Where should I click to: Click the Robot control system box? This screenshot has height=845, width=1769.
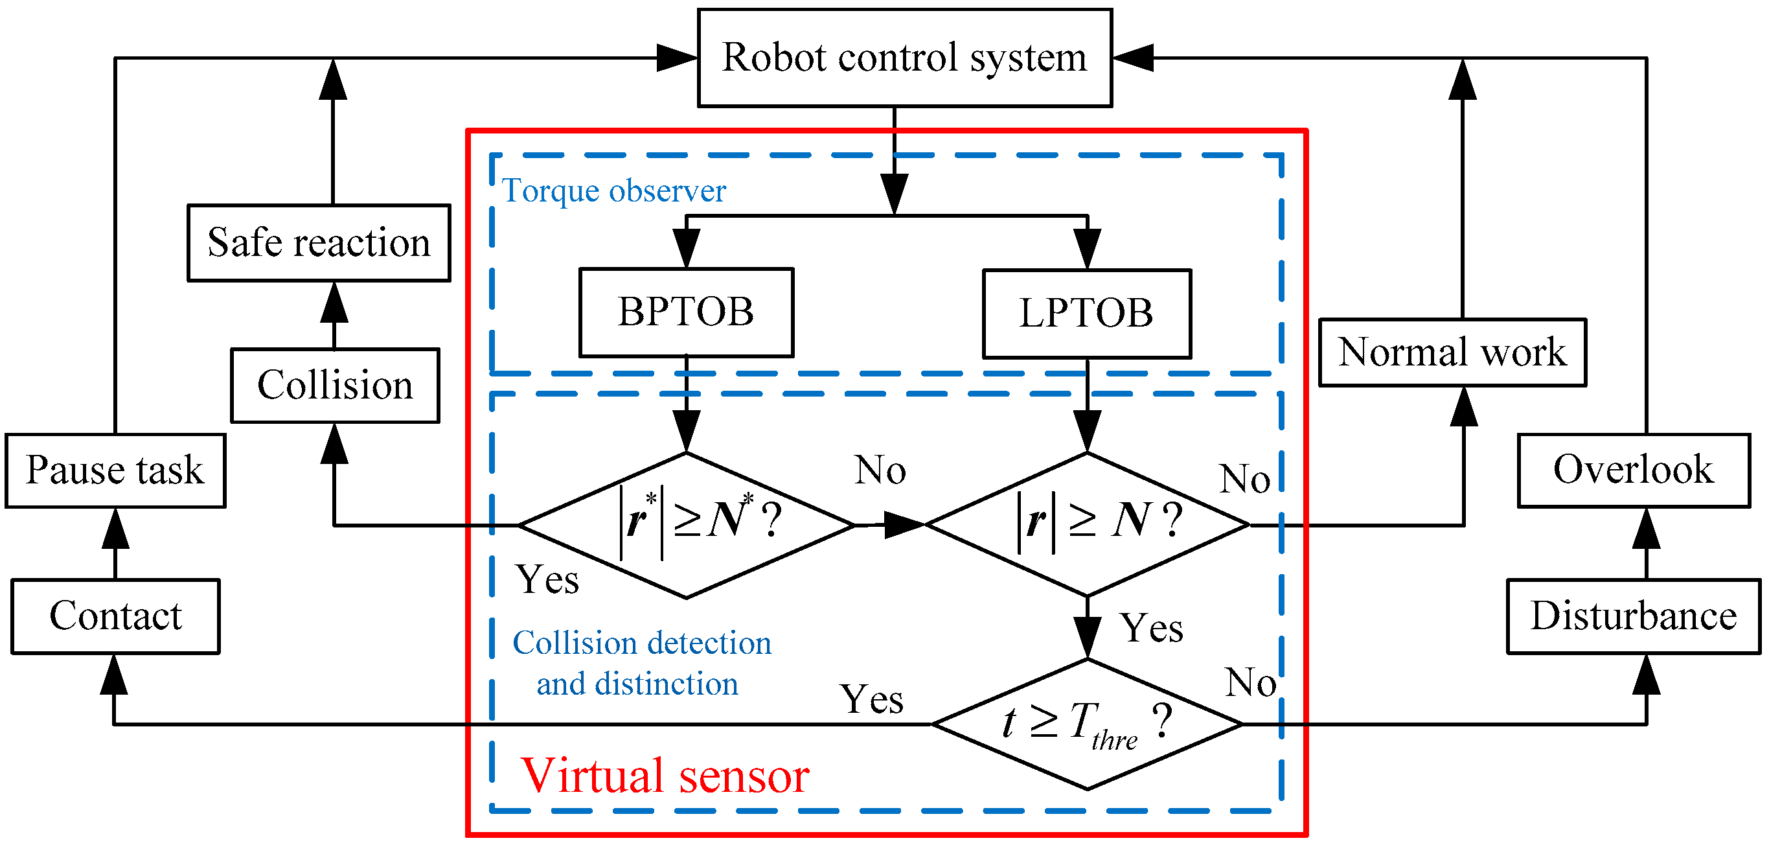[x=904, y=58]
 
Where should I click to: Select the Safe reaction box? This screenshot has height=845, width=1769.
[x=319, y=242]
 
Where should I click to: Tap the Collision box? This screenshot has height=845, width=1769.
[x=335, y=385]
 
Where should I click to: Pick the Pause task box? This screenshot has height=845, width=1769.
[x=115, y=470]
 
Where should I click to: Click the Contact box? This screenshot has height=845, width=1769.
[x=115, y=616]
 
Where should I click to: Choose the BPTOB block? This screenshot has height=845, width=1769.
[x=686, y=312]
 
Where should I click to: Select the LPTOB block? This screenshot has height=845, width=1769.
[x=1086, y=313]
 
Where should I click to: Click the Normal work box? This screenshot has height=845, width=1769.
[x=1452, y=353]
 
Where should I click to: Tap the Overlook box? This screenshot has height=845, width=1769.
[x=1633, y=470]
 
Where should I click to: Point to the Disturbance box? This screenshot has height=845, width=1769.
[x=1633, y=616]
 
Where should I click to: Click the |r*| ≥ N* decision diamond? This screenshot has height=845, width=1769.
[x=687, y=526]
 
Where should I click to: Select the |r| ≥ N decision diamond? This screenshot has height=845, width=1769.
[x=1087, y=524]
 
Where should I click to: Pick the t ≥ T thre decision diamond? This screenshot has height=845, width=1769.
[x=1087, y=723]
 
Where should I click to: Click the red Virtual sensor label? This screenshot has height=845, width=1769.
[x=665, y=776]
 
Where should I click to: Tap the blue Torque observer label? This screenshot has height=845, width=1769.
[x=613, y=191]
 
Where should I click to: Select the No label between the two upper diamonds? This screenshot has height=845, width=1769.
[x=880, y=470]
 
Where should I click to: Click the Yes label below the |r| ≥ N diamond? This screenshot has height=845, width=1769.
[x=1152, y=628]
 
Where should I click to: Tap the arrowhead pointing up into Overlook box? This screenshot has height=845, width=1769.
[x=1647, y=527]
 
